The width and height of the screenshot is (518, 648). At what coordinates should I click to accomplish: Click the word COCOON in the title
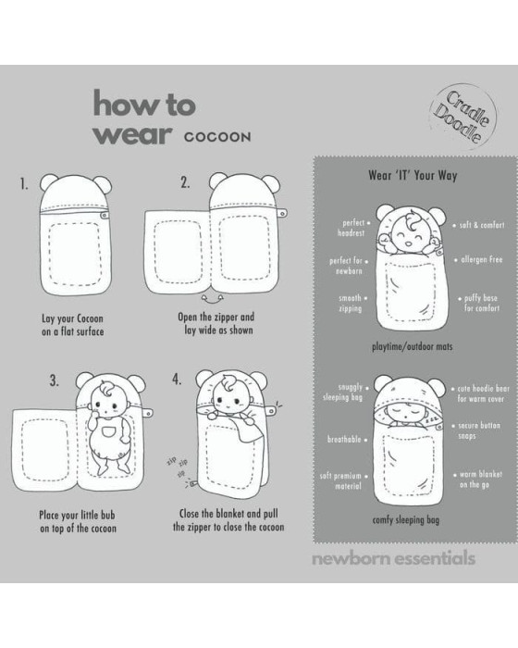pyautogui.click(x=217, y=137)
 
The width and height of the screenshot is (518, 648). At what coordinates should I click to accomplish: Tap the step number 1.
pyautogui.click(x=24, y=183)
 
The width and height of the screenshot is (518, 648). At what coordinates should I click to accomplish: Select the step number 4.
pyautogui.click(x=177, y=379)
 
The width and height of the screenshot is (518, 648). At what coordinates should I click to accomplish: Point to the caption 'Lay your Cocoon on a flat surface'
pyautogui.click(x=73, y=325)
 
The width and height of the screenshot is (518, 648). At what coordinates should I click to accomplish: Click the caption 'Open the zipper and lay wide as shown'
pyautogui.click(x=216, y=323)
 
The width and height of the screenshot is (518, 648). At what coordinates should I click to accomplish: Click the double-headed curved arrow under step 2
pyautogui.click(x=212, y=298)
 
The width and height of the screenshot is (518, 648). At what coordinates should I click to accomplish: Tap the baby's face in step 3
pyautogui.click(x=108, y=401)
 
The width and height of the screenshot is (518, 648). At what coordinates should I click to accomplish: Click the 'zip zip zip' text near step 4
pyautogui.click(x=178, y=467)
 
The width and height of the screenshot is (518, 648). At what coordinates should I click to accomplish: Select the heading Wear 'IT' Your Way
pyautogui.click(x=413, y=175)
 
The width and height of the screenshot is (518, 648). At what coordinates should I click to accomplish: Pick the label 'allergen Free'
pyautogui.click(x=479, y=259)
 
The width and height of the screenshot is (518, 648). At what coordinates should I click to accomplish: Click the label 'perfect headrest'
pyautogui.click(x=353, y=228)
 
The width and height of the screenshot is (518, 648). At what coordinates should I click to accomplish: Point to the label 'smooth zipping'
pyautogui.click(x=352, y=304)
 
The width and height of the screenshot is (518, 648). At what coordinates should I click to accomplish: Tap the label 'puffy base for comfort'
pyautogui.click(x=479, y=303)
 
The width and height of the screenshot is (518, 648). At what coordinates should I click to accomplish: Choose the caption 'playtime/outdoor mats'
pyautogui.click(x=412, y=346)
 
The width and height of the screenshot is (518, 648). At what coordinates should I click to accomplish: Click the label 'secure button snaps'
pyautogui.click(x=476, y=430)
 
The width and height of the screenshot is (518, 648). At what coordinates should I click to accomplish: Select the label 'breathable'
pyautogui.click(x=347, y=440)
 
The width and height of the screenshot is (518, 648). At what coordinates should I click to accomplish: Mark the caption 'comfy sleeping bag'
pyautogui.click(x=406, y=520)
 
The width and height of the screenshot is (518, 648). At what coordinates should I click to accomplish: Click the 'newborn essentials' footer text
pyautogui.click(x=393, y=558)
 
